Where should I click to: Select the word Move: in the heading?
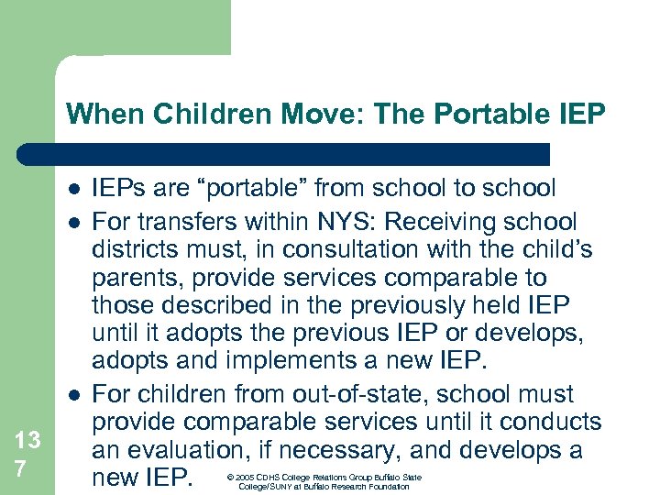(310, 115)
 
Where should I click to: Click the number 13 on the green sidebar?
(27, 440)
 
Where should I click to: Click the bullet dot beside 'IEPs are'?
(73, 190)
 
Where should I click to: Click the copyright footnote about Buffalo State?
(330, 481)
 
